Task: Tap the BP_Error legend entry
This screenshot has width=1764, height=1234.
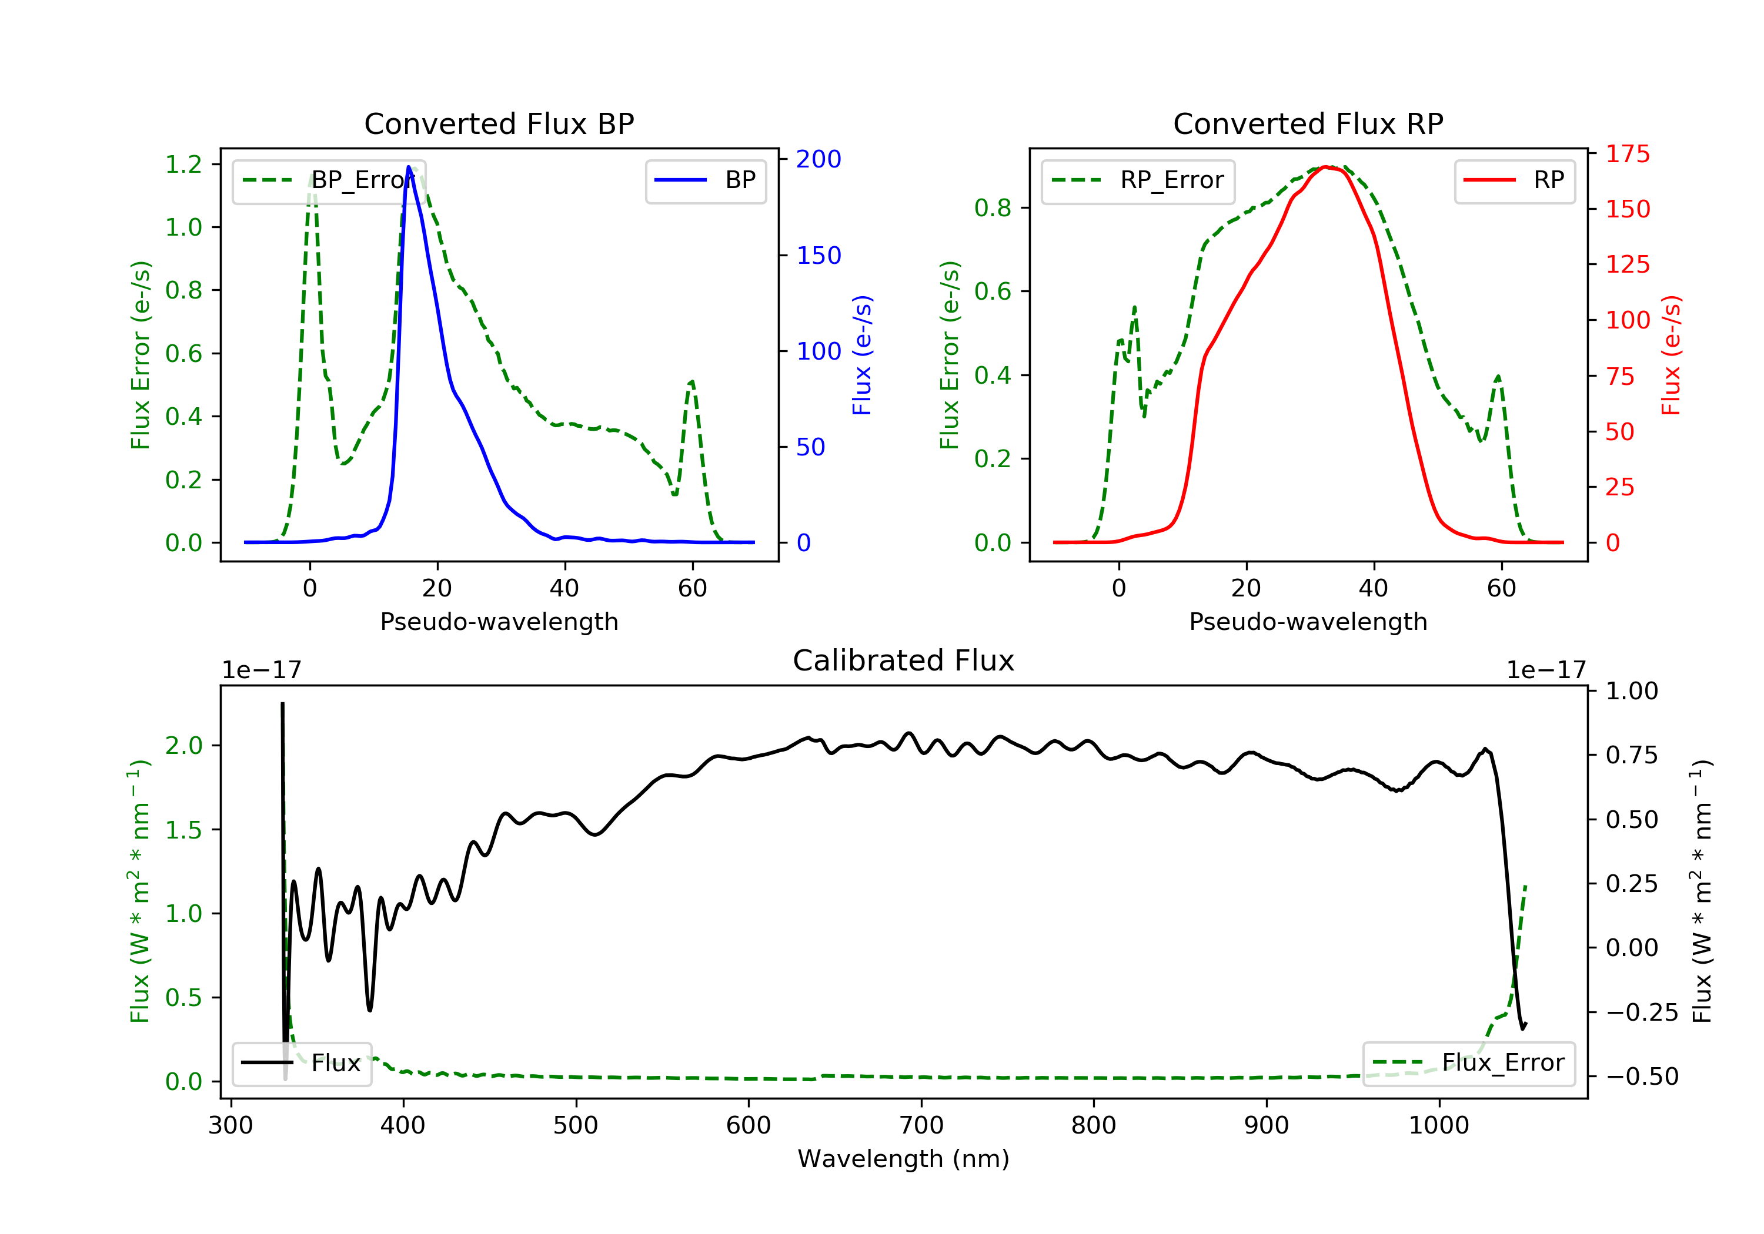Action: tap(329, 180)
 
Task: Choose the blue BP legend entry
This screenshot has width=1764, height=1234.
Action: tap(705, 180)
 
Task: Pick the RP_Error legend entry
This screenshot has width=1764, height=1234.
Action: tap(1137, 180)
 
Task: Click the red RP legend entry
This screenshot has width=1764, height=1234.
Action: tap(1514, 180)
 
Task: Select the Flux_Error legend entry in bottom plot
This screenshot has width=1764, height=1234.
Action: tap(1468, 1063)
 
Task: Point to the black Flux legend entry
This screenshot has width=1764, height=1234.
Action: tap(302, 1063)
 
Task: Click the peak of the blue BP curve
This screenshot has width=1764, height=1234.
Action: tap(409, 167)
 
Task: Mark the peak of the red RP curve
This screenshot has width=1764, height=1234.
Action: tap(1327, 167)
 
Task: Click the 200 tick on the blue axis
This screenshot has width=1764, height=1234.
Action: tap(818, 159)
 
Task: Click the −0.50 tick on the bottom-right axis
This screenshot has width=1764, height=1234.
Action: tap(1641, 1077)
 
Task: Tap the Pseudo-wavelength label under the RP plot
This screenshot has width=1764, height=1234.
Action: tap(1308, 621)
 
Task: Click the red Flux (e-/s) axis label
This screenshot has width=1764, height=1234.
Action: tap(1671, 355)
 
